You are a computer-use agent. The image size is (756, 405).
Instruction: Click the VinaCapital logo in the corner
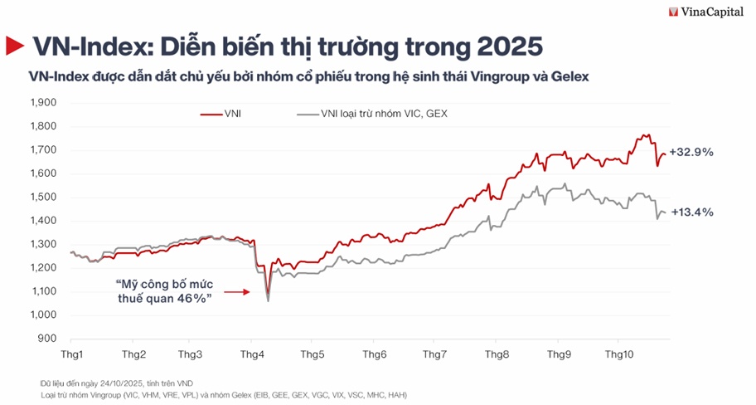coord(709,12)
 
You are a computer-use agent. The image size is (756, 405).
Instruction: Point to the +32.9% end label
coord(691,153)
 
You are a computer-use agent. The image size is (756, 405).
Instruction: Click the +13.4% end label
coord(691,212)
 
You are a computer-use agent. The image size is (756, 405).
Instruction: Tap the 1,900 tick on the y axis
coord(42,103)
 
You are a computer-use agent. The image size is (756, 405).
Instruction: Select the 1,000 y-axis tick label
coord(42,315)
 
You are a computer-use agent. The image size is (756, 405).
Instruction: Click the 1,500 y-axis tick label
coord(42,198)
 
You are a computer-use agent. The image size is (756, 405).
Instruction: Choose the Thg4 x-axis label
coord(252,354)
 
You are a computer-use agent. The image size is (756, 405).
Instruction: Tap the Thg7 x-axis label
coord(435,354)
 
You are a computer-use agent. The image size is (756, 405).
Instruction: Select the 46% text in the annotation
coord(190,300)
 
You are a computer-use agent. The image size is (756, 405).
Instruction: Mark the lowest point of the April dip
coord(268,300)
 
